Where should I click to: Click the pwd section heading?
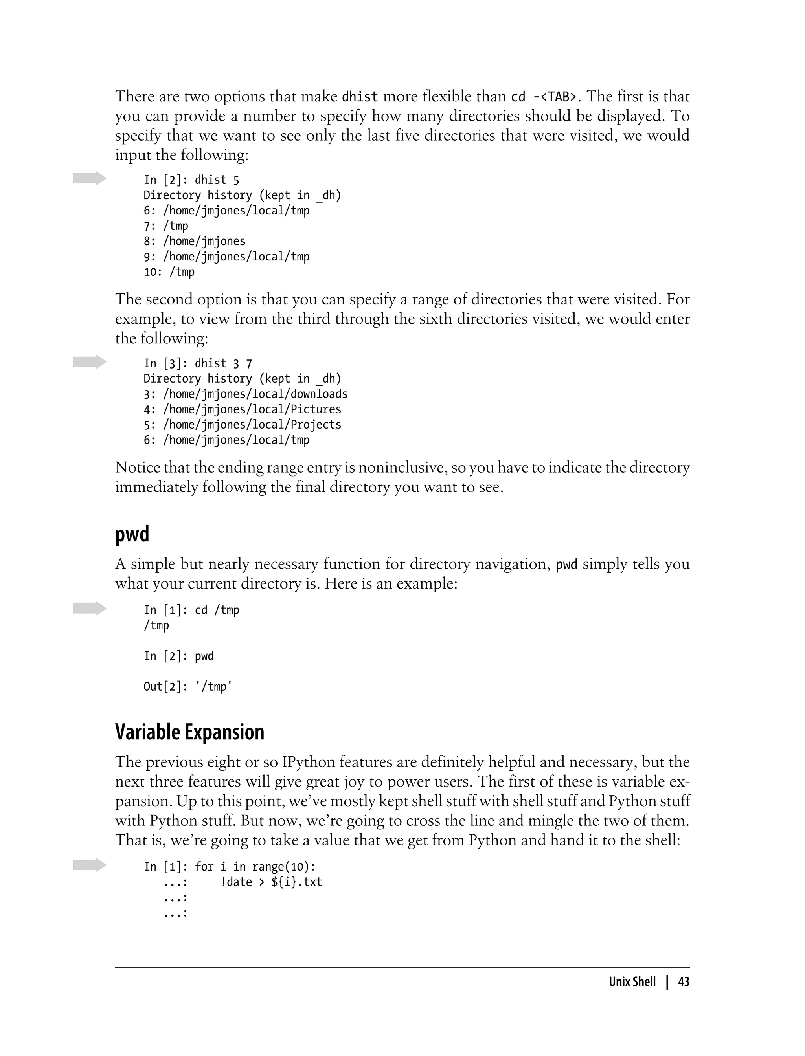(132, 534)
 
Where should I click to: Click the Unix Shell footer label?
(632, 982)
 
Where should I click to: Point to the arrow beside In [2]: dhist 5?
(89, 178)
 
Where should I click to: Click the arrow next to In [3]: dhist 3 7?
(89, 361)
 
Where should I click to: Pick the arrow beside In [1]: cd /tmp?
(89, 608)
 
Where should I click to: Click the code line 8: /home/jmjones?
(195, 241)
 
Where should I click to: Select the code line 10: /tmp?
(169, 272)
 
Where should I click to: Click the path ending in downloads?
(255, 394)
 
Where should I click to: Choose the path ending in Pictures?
(252, 409)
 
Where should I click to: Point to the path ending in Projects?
(252, 425)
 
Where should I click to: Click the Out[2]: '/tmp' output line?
(188, 687)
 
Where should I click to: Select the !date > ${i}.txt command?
(271, 882)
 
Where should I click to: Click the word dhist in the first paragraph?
(360, 97)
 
